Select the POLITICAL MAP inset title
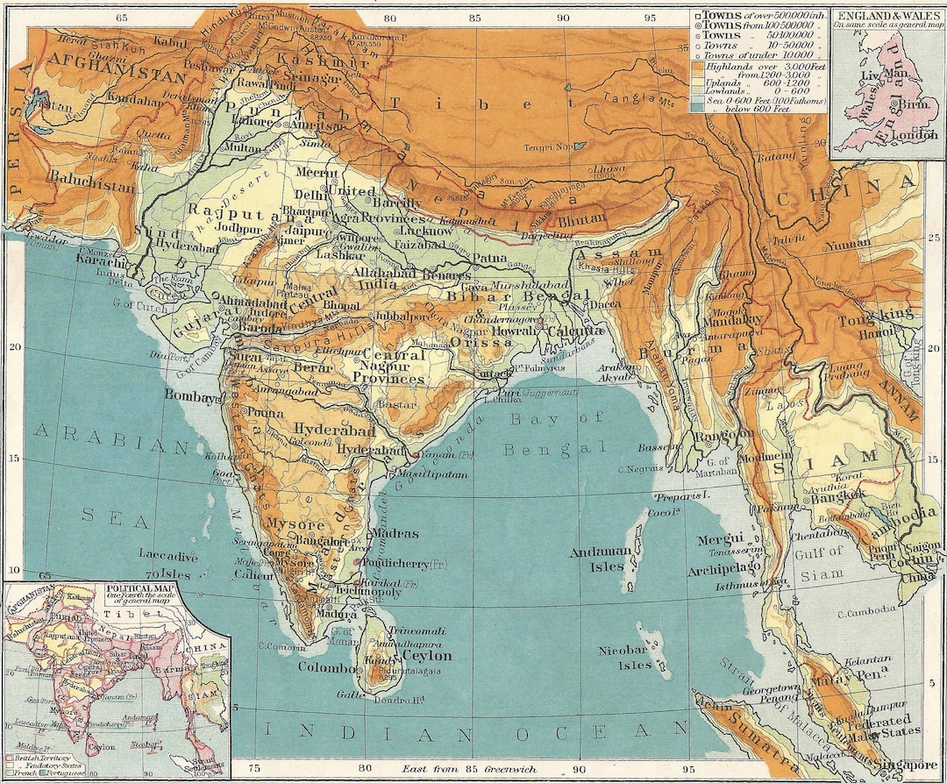coord(140,589)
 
